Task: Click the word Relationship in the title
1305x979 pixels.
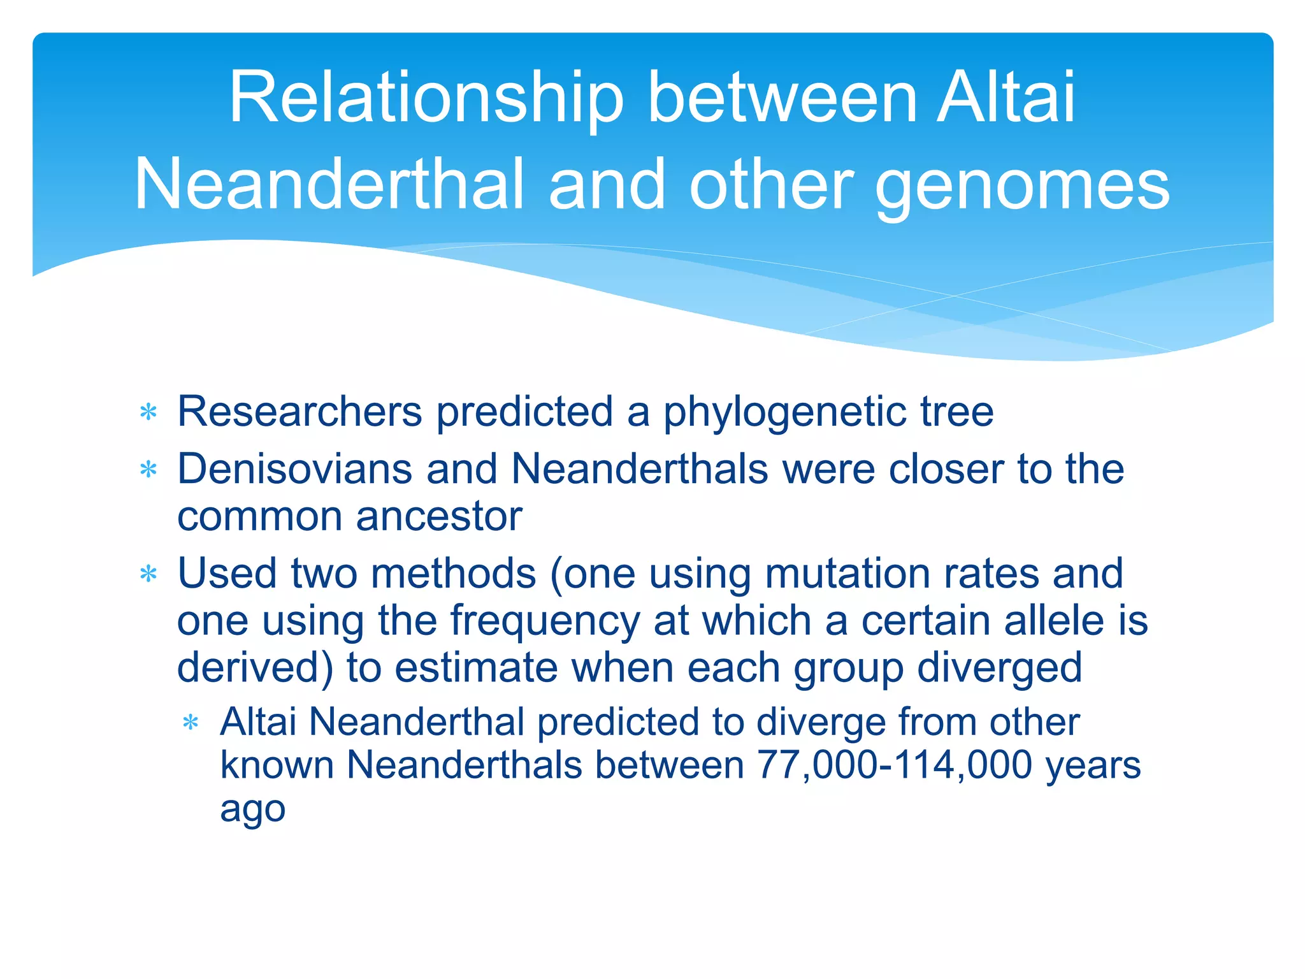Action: tap(426, 99)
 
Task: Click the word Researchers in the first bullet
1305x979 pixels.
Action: tap(299, 411)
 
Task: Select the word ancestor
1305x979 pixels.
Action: tap(439, 516)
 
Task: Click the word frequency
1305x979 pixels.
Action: tap(545, 621)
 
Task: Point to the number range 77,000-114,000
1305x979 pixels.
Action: tap(895, 765)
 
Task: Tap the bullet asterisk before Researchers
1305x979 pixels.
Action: tap(148, 412)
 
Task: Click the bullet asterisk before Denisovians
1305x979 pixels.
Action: tap(148, 470)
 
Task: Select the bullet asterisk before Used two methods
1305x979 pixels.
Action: tap(148, 574)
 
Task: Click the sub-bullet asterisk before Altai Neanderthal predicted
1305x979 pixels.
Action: tap(191, 723)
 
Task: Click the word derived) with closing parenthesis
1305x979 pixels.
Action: tap(255, 668)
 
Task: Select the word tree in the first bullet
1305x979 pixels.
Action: tap(956, 412)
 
